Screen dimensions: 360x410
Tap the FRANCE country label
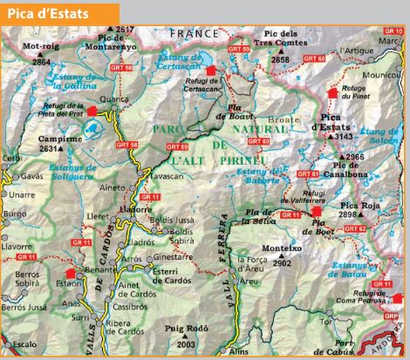click(195, 32)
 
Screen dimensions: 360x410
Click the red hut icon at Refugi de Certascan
click(210, 70)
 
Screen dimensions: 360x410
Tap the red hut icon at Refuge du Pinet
click(331, 92)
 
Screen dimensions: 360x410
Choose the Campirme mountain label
click(58, 138)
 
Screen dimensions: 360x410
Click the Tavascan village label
click(167, 175)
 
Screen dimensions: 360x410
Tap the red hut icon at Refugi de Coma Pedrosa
click(377, 285)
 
